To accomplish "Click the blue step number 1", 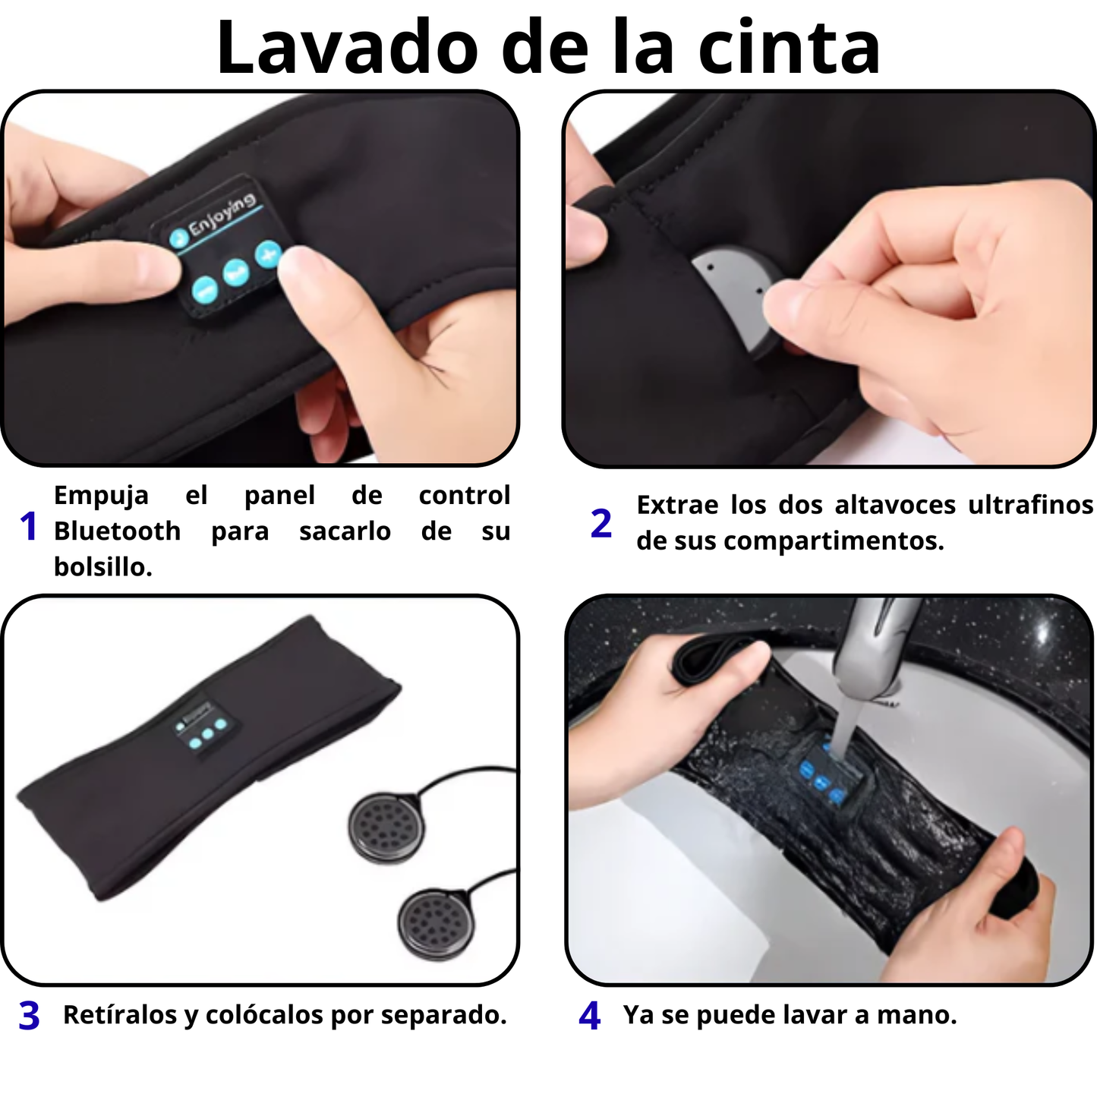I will [29, 526].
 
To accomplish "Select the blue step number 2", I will [601, 524].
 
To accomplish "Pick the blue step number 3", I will [29, 1016].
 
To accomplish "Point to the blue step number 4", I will [590, 1016].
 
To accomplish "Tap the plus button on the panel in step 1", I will [267, 254].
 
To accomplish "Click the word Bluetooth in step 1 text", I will [117, 531].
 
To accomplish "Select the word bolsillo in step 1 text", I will [102, 566].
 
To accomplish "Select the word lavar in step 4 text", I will [821, 1015].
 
